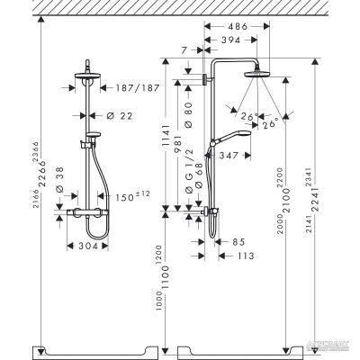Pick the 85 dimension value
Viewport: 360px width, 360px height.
pyautogui.click(x=238, y=241)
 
